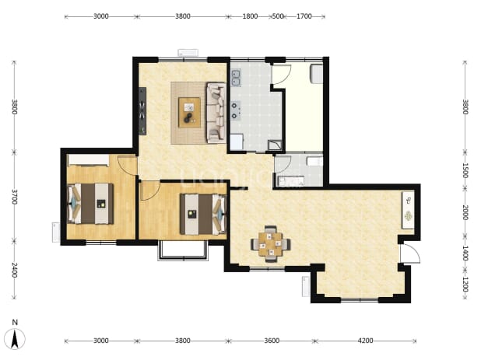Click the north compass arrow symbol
15,338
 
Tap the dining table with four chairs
271,244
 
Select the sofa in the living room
216,113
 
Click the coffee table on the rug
190,113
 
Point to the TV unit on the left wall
142,111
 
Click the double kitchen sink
236,78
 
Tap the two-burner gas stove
235,110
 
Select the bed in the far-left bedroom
90,204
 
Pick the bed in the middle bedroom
203,214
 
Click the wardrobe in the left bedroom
89,160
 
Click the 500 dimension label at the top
278,16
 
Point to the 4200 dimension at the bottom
365,341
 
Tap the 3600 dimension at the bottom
272,341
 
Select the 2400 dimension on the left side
15,270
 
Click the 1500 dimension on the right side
465,170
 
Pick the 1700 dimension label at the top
304,16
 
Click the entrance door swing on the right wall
410,253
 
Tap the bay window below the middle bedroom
183,250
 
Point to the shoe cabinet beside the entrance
409,210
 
